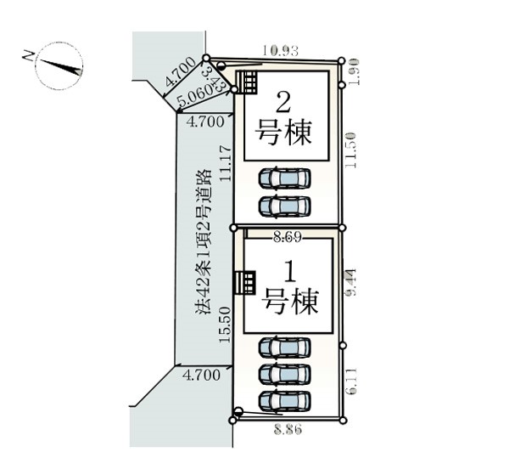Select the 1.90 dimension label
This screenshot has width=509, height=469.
coord(354,71)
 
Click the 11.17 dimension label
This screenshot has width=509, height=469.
coord(225,162)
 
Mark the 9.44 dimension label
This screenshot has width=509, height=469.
coord(350,283)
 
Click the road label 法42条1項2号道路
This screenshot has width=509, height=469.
coord(203,243)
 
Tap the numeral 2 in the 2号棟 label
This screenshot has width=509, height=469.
coord(285,104)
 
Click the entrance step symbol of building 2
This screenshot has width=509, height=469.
coord(247,83)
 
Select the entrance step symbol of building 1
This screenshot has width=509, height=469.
coord(245,282)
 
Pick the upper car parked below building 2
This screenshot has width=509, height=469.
coord(284,178)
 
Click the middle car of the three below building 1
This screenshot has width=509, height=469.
coord(284,374)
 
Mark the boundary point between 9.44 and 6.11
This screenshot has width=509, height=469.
coord(342,345)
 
